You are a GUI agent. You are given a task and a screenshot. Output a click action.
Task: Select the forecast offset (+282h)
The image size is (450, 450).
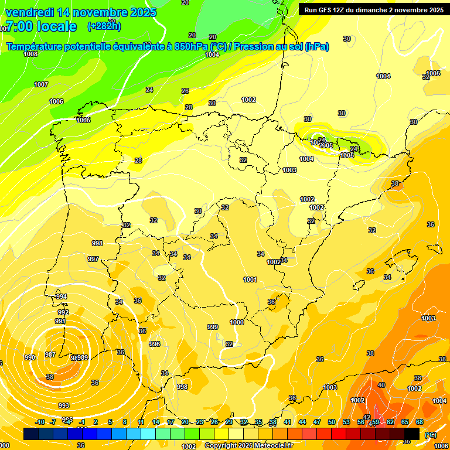pos(104,26)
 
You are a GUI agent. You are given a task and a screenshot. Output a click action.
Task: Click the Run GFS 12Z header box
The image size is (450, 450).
pos(372,9)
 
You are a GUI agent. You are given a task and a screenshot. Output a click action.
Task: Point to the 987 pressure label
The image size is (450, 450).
pos(50,354)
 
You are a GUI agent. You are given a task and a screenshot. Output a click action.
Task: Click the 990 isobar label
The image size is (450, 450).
pos(30,357)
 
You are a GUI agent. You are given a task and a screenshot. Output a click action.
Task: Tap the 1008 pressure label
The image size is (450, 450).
pos(30,54)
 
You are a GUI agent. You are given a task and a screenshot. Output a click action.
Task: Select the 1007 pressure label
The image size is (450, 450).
pos(41,84)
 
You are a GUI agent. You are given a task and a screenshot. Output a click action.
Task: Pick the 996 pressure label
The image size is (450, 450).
pos(155,344)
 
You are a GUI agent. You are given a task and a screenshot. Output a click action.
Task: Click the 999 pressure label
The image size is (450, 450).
pos(213,327)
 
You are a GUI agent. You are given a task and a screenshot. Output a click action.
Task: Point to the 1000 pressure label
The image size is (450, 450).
pos(237,322)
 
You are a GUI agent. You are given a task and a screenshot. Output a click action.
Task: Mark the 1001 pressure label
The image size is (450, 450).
pos(250,279)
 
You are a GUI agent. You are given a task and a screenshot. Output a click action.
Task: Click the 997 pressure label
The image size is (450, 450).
pos(93,258)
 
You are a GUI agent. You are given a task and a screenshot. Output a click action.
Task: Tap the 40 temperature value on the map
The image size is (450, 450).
pos(381,385)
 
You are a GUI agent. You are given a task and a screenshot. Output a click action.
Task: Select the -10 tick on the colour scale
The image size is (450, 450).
pos(40,422)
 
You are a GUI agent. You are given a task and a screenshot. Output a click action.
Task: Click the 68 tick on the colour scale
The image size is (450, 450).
pos(420,422)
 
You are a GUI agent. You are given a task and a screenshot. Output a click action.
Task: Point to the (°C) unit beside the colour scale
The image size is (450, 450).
pos(430,434)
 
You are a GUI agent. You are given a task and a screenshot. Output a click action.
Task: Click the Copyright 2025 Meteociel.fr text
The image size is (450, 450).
pos(248,445)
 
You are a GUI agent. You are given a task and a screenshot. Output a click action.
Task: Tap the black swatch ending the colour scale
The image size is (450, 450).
pos(412,434)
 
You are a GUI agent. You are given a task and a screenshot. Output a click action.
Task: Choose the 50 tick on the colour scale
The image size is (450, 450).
pos(332,422)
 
